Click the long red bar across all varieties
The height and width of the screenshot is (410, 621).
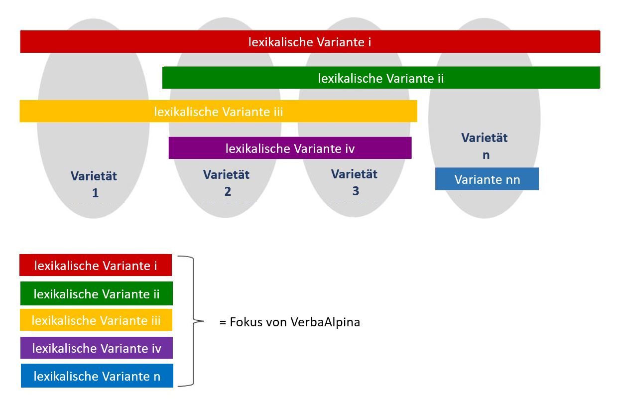[310, 42]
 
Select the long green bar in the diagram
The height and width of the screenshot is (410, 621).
[381, 78]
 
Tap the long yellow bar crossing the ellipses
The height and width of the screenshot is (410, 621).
[219, 111]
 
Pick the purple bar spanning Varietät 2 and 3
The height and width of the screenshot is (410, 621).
[290, 148]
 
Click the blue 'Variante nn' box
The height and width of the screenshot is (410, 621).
[487, 179]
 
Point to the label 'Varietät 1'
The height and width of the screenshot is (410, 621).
[94, 184]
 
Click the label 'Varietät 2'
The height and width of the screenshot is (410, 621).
[226, 182]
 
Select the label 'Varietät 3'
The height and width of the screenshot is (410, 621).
[354, 182]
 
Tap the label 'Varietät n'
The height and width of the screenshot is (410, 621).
[485, 146]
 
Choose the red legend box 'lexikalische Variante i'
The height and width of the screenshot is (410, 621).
[96, 265]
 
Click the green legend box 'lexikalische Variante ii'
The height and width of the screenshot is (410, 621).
[97, 293]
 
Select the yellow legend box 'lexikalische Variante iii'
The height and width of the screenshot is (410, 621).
[96, 320]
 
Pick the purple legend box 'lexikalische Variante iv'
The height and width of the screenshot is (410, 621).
[97, 348]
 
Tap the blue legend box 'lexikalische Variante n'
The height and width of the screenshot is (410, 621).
[97, 376]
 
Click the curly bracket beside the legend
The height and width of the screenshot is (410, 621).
[191, 321]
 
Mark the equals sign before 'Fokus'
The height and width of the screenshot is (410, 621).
[223, 323]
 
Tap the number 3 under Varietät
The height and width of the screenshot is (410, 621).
[356, 191]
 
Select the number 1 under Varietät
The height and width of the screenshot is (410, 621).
[96, 193]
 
